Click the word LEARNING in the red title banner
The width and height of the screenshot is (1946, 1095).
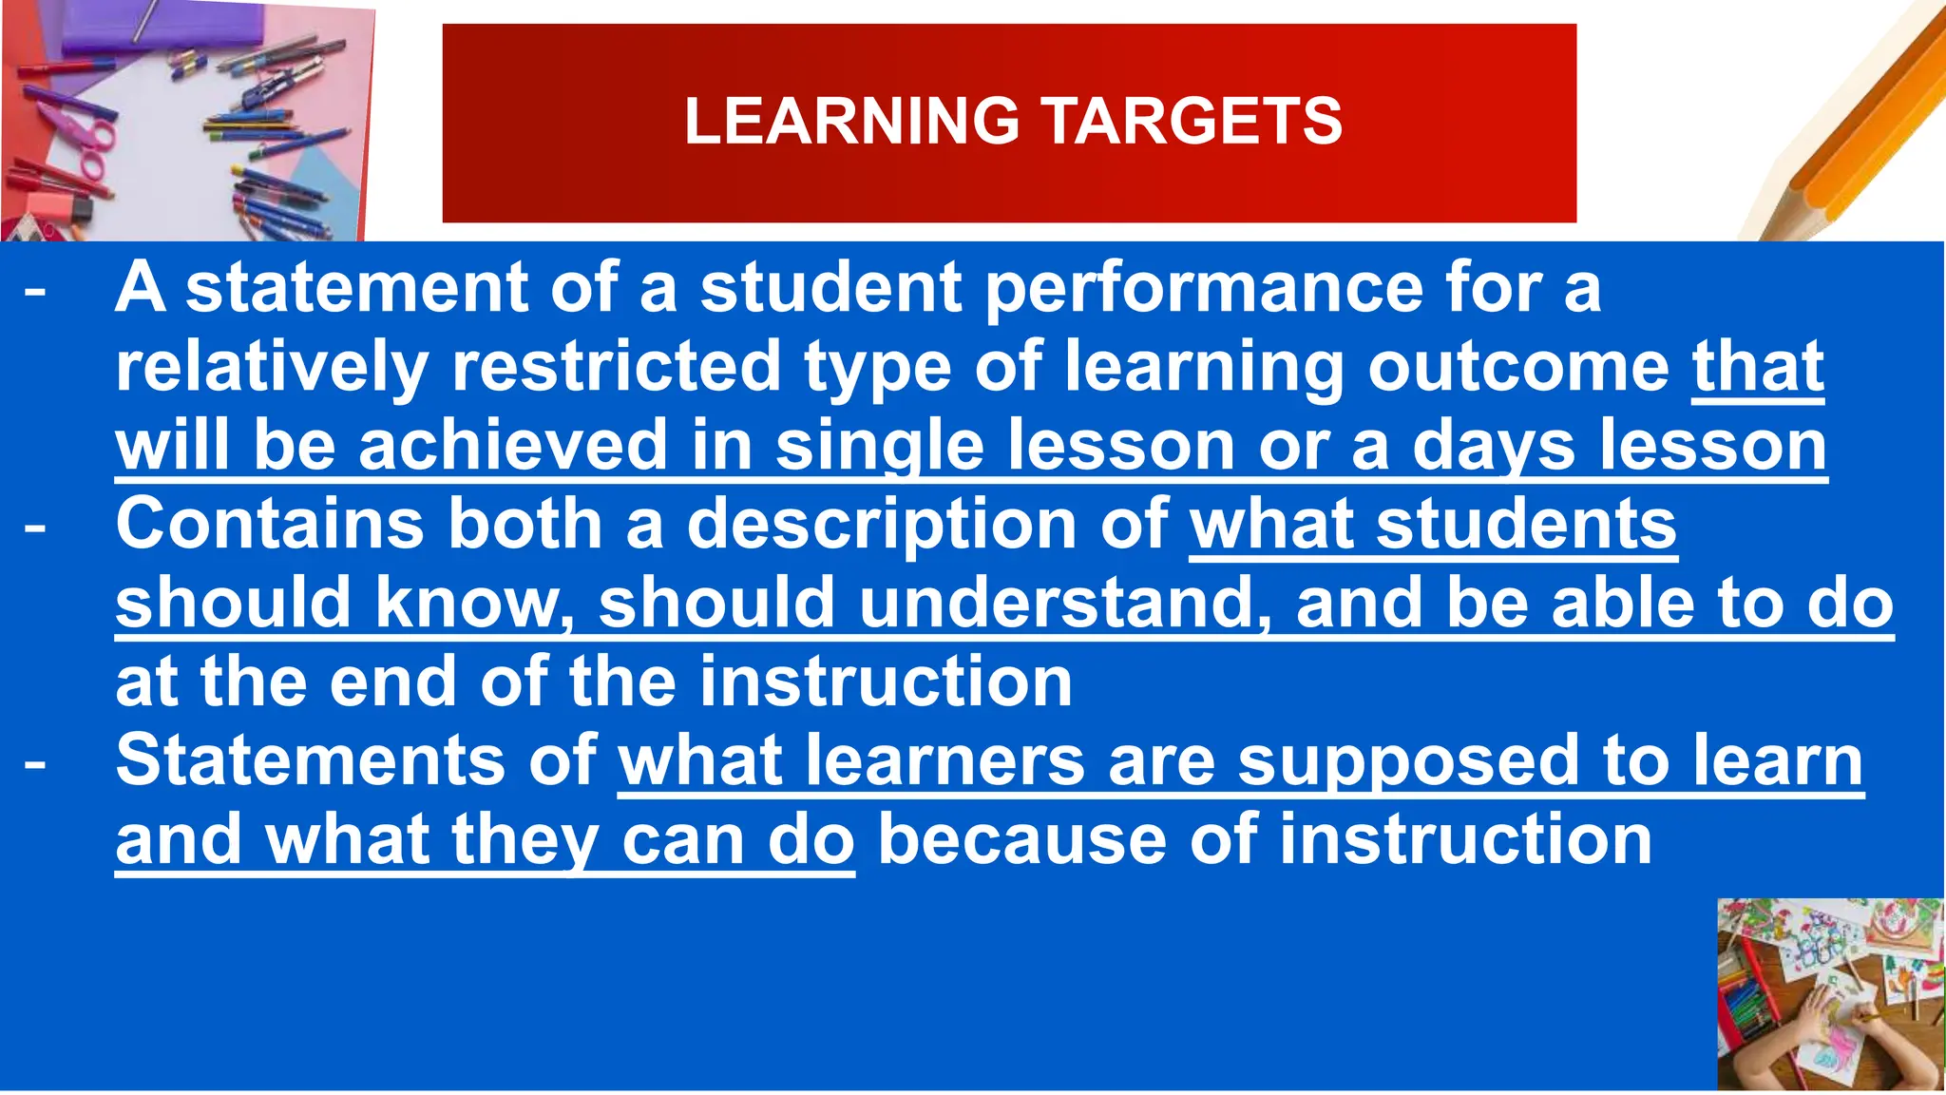851,122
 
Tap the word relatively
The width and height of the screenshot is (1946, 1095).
271,368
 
